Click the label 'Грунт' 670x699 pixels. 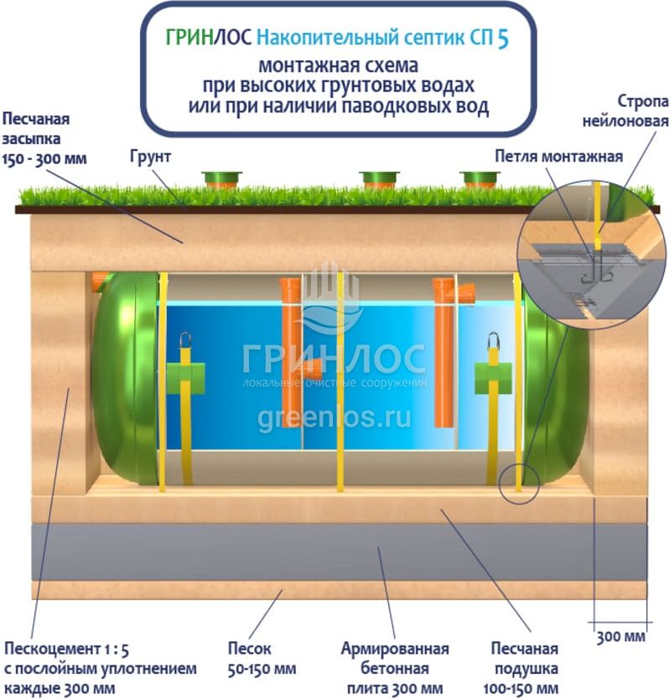tap(150, 157)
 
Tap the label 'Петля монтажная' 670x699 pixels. tap(558, 157)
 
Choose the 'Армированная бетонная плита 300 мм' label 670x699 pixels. tap(394, 667)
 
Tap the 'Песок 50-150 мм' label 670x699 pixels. tap(262, 659)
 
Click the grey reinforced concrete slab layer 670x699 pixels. tap(335, 553)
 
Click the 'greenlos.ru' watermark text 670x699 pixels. tap(335, 419)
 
